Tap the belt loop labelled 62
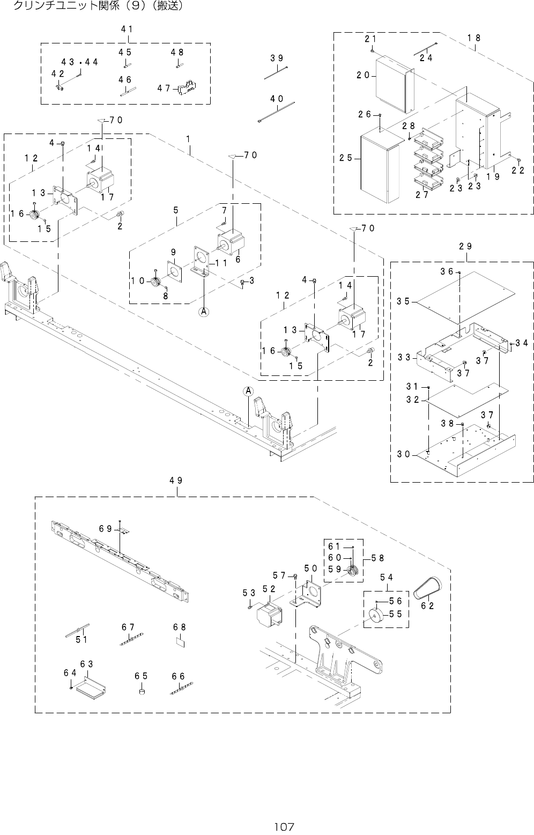point(428,589)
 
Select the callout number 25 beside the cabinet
point(346,158)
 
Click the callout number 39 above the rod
point(277,58)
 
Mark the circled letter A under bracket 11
point(204,311)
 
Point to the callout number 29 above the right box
point(465,246)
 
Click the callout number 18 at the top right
point(473,38)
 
